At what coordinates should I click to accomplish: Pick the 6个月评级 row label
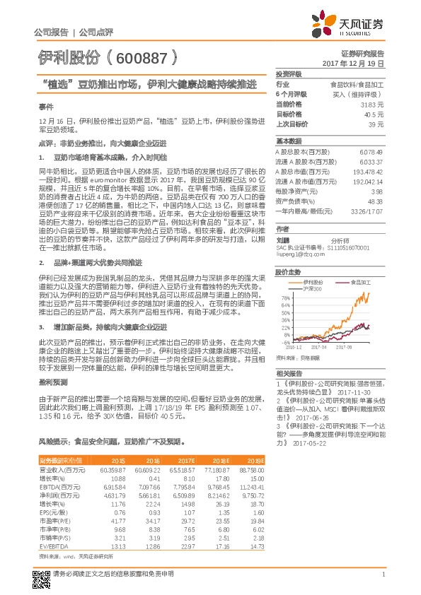[291, 93]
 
